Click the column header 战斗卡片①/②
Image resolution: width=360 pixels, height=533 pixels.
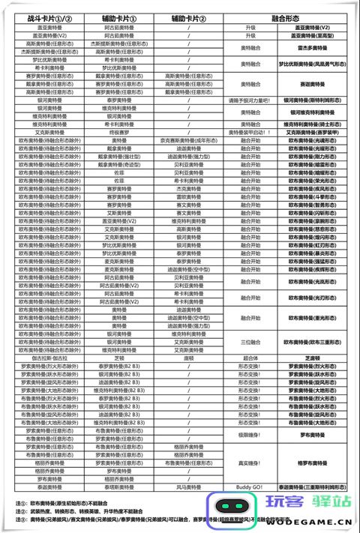pyautogui.click(x=49, y=17)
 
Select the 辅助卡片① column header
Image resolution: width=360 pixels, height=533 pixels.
pyautogui.click(x=118, y=17)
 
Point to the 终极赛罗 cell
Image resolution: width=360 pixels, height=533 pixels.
pyautogui.click(x=118, y=131)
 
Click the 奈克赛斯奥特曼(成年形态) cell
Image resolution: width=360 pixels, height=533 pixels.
pyautogui.click(x=180, y=139)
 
